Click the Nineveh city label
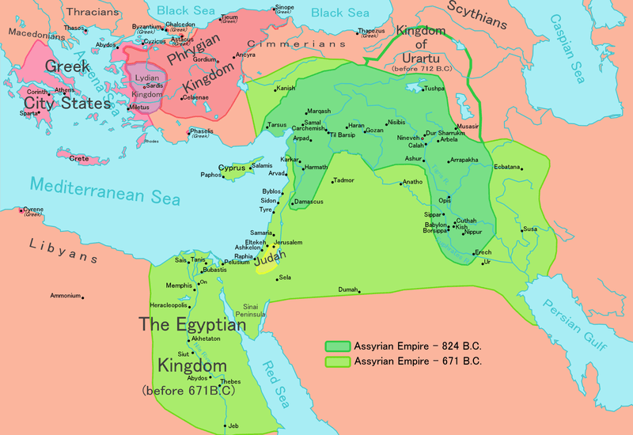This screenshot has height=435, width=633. pyautogui.click(x=408, y=138)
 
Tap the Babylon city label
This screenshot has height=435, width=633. pyautogui.click(x=435, y=225)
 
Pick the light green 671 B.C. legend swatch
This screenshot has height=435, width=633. pyautogui.click(x=337, y=361)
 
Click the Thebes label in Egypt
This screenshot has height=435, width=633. pyautogui.click(x=230, y=381)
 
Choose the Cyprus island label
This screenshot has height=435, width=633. pyautogui.click(x=232, y=168)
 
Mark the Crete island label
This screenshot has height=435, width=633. pyautogui.click(x=79, y=158)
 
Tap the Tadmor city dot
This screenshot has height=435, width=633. pyautogui.click(x=333, y=183)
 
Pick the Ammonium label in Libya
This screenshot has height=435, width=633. pyautogui.click(x=66, y=296)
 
